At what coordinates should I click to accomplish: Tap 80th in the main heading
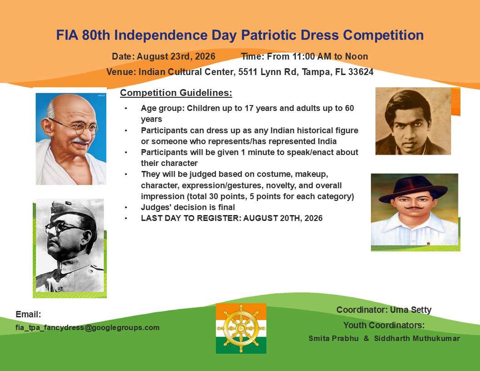coord(96,35)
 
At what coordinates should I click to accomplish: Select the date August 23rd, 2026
coord(176,57)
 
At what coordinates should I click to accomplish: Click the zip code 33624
coord(361,72)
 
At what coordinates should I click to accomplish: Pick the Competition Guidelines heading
coord(176,93)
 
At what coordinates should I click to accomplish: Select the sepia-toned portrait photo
coord(413,121)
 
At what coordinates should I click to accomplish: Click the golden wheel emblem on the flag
coord(241,328)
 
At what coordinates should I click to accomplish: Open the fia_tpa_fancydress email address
coord(88,327)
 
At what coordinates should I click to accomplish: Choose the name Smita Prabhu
coord(334,338)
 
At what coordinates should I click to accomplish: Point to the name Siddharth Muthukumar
coord(417,338)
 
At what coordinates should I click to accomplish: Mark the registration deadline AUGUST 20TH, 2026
coord(283,218)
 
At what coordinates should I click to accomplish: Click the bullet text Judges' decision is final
coord(188,207)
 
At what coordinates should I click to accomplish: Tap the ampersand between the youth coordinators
coord(366,338)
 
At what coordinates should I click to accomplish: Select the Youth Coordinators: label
coord(384,325)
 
